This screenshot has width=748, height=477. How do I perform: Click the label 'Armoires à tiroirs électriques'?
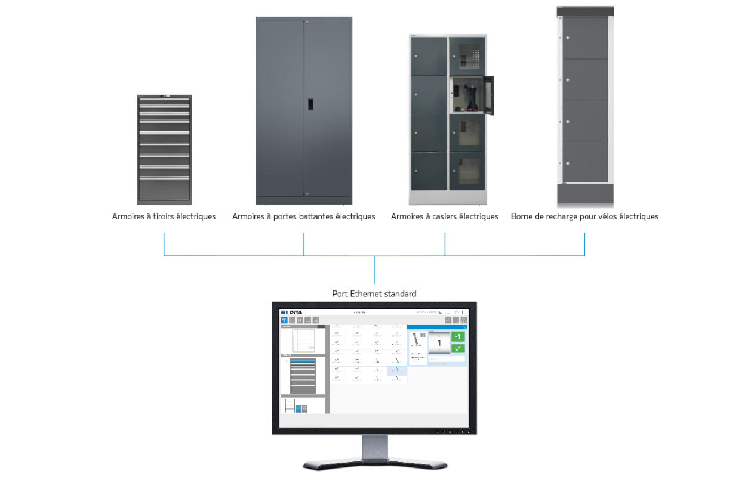(164, 216)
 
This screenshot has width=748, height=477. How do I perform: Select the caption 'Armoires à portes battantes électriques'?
(304, 216)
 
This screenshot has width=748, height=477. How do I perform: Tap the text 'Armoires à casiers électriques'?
(445, 216)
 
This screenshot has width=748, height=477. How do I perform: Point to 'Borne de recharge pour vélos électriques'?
(584, 216)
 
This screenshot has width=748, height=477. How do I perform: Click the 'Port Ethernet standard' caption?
(374, 293)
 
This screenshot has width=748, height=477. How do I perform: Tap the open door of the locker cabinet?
(490, 95)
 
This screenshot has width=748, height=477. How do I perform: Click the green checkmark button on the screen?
(458, 348)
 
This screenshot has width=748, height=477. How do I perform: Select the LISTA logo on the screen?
(291, 312)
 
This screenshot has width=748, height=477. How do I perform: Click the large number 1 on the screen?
(439, 343)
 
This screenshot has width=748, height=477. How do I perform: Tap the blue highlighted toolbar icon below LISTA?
(284, 320)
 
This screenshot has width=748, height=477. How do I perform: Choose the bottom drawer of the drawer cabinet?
(164, 191)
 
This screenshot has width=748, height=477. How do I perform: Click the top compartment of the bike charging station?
(585, 38)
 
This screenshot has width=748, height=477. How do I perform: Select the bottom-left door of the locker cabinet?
(429, 171)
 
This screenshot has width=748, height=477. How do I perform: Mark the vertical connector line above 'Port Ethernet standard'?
(374, 271)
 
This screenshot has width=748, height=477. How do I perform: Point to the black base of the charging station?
(585, 193)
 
